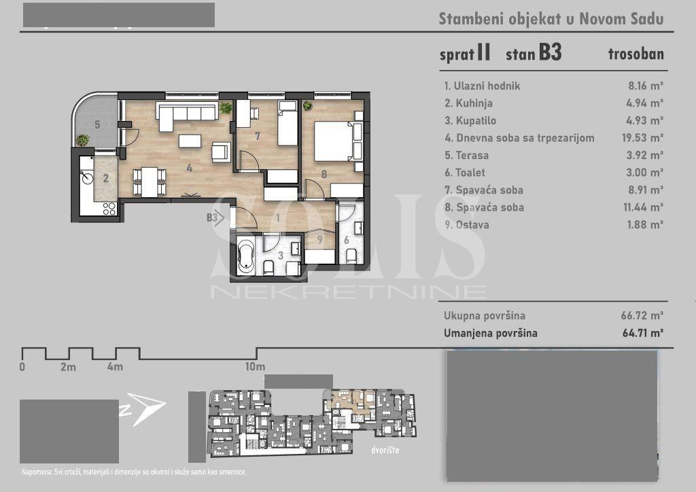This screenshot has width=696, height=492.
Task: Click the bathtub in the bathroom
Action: click(245, 257)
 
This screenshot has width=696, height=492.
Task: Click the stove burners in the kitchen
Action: click(109, 208)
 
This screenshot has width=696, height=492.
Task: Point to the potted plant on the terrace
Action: click(82, 141)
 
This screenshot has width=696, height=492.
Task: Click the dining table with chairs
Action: click(150, 181)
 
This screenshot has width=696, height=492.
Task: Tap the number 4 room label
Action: click(190, 168)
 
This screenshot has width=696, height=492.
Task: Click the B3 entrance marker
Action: click(215, 217)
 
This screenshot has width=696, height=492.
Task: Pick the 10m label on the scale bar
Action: click(255, 367)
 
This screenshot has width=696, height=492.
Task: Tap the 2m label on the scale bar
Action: click(68, 367)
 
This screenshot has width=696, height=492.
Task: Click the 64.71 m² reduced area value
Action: click(643, 333)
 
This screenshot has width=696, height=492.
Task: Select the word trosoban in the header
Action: click(636, 54)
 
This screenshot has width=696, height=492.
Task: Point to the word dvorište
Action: click(385, 450)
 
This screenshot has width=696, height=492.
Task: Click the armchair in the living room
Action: click(221, 152)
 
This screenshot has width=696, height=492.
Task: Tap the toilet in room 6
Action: click(351, 256)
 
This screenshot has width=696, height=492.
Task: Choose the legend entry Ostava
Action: click(472, 224)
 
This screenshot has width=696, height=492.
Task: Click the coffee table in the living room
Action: click(190, 141)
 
